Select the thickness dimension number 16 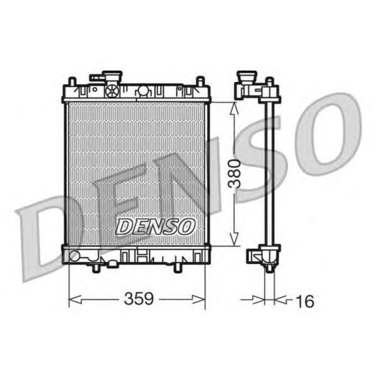304,301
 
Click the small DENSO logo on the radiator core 155,226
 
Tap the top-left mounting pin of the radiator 71,83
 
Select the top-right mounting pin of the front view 199,82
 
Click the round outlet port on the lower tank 75,256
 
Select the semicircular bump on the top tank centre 143,90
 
